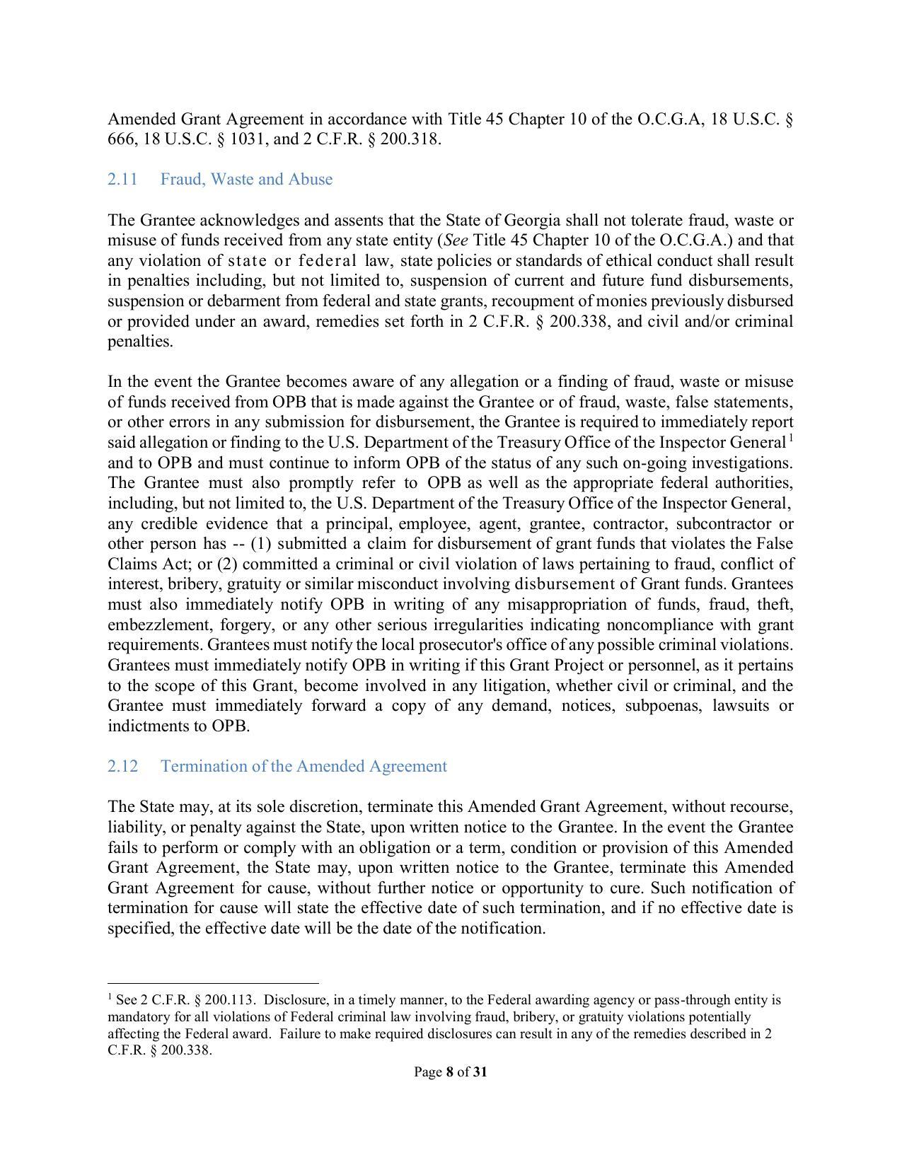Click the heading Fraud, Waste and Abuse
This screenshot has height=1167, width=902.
246,180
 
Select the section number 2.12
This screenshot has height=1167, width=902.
122,767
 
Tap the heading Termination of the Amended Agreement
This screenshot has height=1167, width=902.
303,767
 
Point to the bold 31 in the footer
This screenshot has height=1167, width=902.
480,1072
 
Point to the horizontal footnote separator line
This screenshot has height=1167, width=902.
213,983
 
